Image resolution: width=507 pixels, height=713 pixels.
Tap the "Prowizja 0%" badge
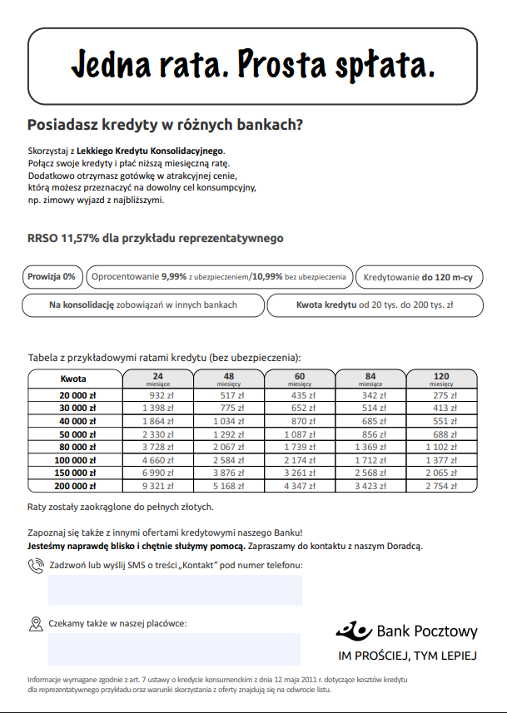[52, 276]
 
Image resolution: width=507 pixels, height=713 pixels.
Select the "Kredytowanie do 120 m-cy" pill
[419, 276]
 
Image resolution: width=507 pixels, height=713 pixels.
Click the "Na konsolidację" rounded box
[142, 305]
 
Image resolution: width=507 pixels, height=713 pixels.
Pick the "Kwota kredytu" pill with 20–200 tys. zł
[375, 305]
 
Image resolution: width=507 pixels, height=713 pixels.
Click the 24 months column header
[158, 379]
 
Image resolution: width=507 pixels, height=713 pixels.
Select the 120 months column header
[441, 379]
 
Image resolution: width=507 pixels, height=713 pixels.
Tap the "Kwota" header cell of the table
[74, 379]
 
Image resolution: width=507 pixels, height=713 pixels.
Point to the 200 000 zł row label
[76, 485]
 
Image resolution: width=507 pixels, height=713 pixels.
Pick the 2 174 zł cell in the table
[301, 459]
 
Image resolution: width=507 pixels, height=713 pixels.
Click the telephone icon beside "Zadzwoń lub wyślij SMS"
[36, 566]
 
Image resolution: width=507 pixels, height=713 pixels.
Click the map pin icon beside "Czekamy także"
[36, 623]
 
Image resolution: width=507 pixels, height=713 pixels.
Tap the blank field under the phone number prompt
[175, 590]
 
